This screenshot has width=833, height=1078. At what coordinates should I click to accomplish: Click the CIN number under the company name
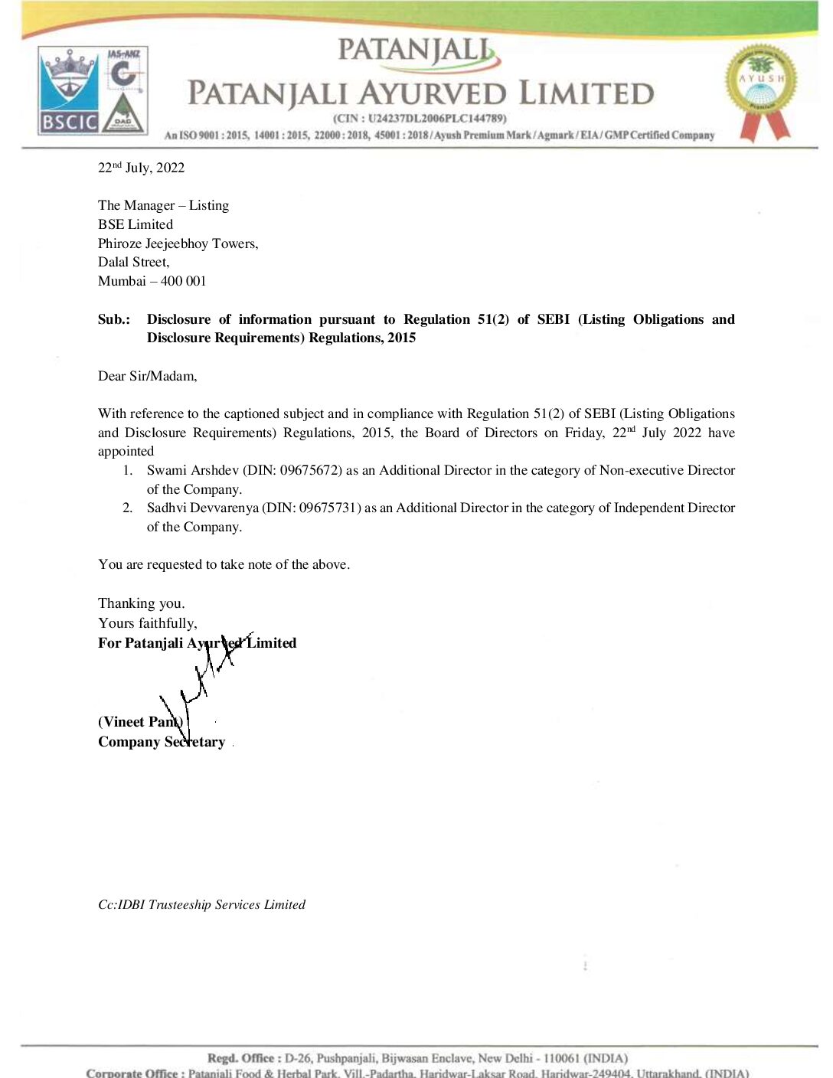pyautogui.click(x=420, y=119)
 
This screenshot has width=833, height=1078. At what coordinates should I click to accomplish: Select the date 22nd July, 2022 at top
pyautogui.click(x=141, y=168)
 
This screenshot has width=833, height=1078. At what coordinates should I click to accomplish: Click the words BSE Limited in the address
pyautogui.click(x=136, y=224)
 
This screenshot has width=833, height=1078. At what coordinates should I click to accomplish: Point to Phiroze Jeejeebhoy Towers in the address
pyautogui.click(x=178, y=243)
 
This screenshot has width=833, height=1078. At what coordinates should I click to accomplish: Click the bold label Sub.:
pyautogui.click(x=113, y=319)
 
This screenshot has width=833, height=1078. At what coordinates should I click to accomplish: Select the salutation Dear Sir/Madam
pyautogui.click(x=147, y=376)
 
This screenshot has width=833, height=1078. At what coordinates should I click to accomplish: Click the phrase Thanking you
pyautogui.click(x=141, y=603)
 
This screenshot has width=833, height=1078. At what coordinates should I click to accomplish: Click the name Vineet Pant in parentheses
pyautogui.click(x=140, y=722)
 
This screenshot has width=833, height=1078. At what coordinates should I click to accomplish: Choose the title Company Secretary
pyautogui.click(x=162, y=742)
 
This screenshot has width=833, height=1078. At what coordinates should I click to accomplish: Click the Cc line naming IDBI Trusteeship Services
pyautogui.click(x=201, y=904)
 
